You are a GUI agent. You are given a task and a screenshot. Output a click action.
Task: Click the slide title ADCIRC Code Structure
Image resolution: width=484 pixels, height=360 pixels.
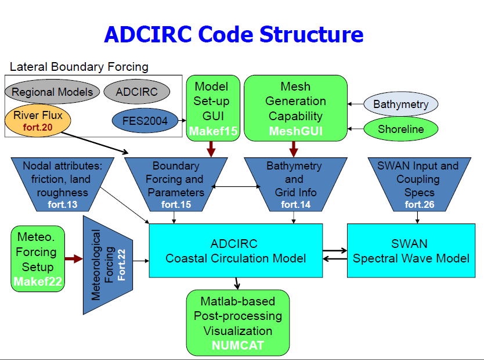tap(233, 34)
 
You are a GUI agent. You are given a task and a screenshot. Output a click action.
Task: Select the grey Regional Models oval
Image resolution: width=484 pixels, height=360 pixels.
tap(52, 92)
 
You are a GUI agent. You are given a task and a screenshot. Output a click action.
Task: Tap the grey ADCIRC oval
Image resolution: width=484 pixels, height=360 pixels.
tap(137, 92)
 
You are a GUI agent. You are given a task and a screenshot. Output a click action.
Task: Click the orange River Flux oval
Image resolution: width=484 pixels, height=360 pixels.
tap(38, 120)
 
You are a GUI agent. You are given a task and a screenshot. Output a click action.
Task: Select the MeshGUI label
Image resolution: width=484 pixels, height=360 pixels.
tap(295, 132)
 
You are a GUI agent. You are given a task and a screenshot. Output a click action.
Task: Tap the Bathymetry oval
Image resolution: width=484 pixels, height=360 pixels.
tap(400, 105)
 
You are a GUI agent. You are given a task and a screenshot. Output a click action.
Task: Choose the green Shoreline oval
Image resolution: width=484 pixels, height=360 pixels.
tap(400, 129)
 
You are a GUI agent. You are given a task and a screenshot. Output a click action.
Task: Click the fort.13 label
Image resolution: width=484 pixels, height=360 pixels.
tap(62, 204)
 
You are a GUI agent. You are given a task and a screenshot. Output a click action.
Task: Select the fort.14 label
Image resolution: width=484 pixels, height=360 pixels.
tap(294, 204)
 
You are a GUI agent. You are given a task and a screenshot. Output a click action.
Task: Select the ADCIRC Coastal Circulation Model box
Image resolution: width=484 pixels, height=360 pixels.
tap(236, 250)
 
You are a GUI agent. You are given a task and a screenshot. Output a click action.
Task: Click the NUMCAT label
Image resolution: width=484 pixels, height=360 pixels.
tap(238, 345)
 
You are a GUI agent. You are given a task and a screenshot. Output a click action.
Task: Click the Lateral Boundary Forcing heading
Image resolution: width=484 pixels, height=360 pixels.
tap(79, 67)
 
